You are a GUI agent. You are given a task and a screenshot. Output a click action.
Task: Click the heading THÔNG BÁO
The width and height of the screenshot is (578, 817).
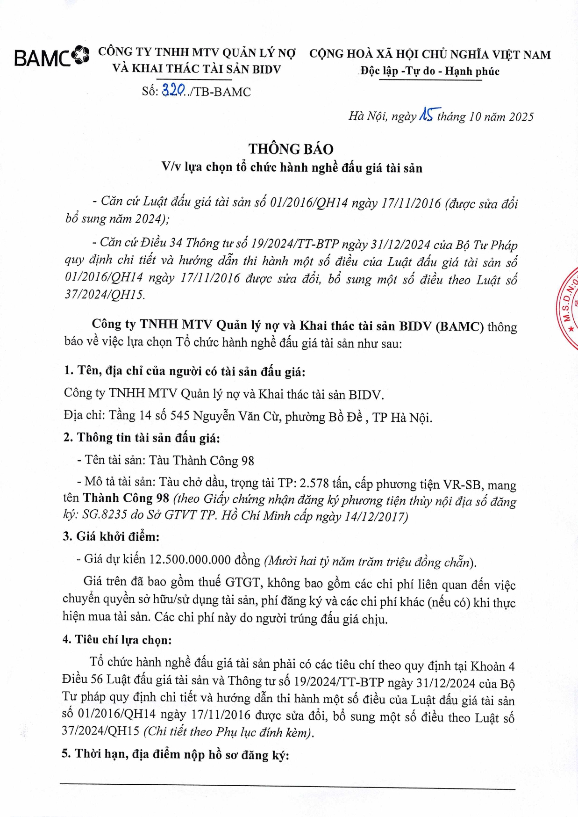[291, 149]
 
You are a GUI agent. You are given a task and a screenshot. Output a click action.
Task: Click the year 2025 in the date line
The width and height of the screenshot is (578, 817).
[521, 117]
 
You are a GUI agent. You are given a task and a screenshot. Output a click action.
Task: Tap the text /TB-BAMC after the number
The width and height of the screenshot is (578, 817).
[218, 92]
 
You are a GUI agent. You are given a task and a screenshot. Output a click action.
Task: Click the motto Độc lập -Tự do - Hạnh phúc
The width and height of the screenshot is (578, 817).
[430, 72]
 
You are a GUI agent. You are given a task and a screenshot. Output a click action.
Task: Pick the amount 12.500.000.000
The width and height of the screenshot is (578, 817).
[190, 559]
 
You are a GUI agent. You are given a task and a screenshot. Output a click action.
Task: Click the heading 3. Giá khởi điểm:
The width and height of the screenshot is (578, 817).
[111, 536]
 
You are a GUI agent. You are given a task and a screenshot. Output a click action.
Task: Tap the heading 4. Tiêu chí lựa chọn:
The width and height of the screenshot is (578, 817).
[117, 640]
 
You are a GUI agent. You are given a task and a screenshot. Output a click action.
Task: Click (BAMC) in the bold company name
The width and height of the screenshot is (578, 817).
[459, 326]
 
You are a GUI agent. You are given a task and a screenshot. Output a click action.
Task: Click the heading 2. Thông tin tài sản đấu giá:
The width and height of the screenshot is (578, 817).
[142, 438]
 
